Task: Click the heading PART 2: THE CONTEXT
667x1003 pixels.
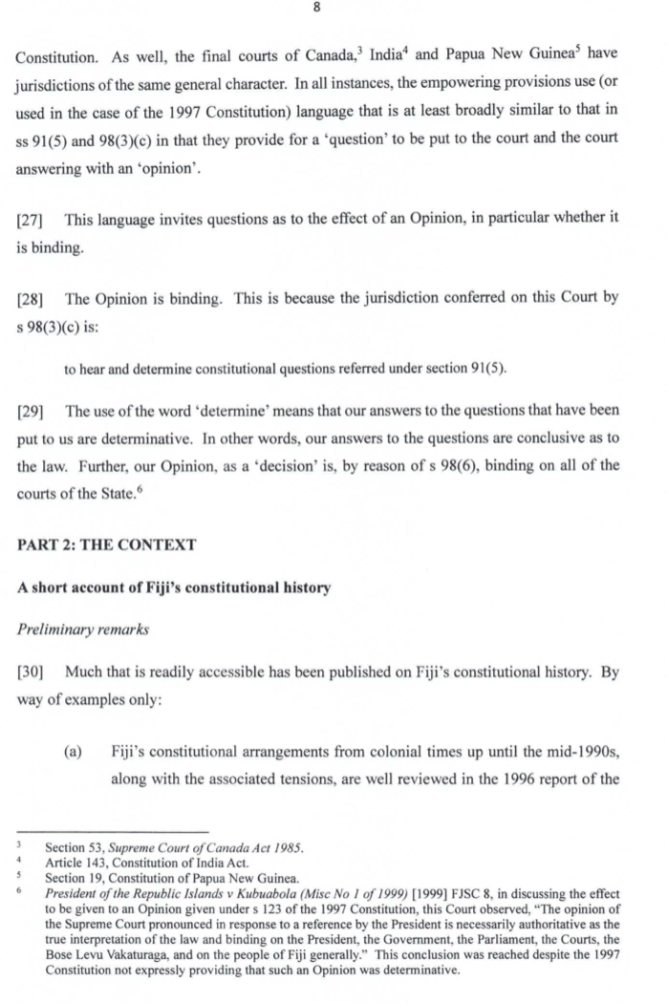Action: [106, 544]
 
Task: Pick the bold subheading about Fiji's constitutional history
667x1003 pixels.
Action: [174, 587]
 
